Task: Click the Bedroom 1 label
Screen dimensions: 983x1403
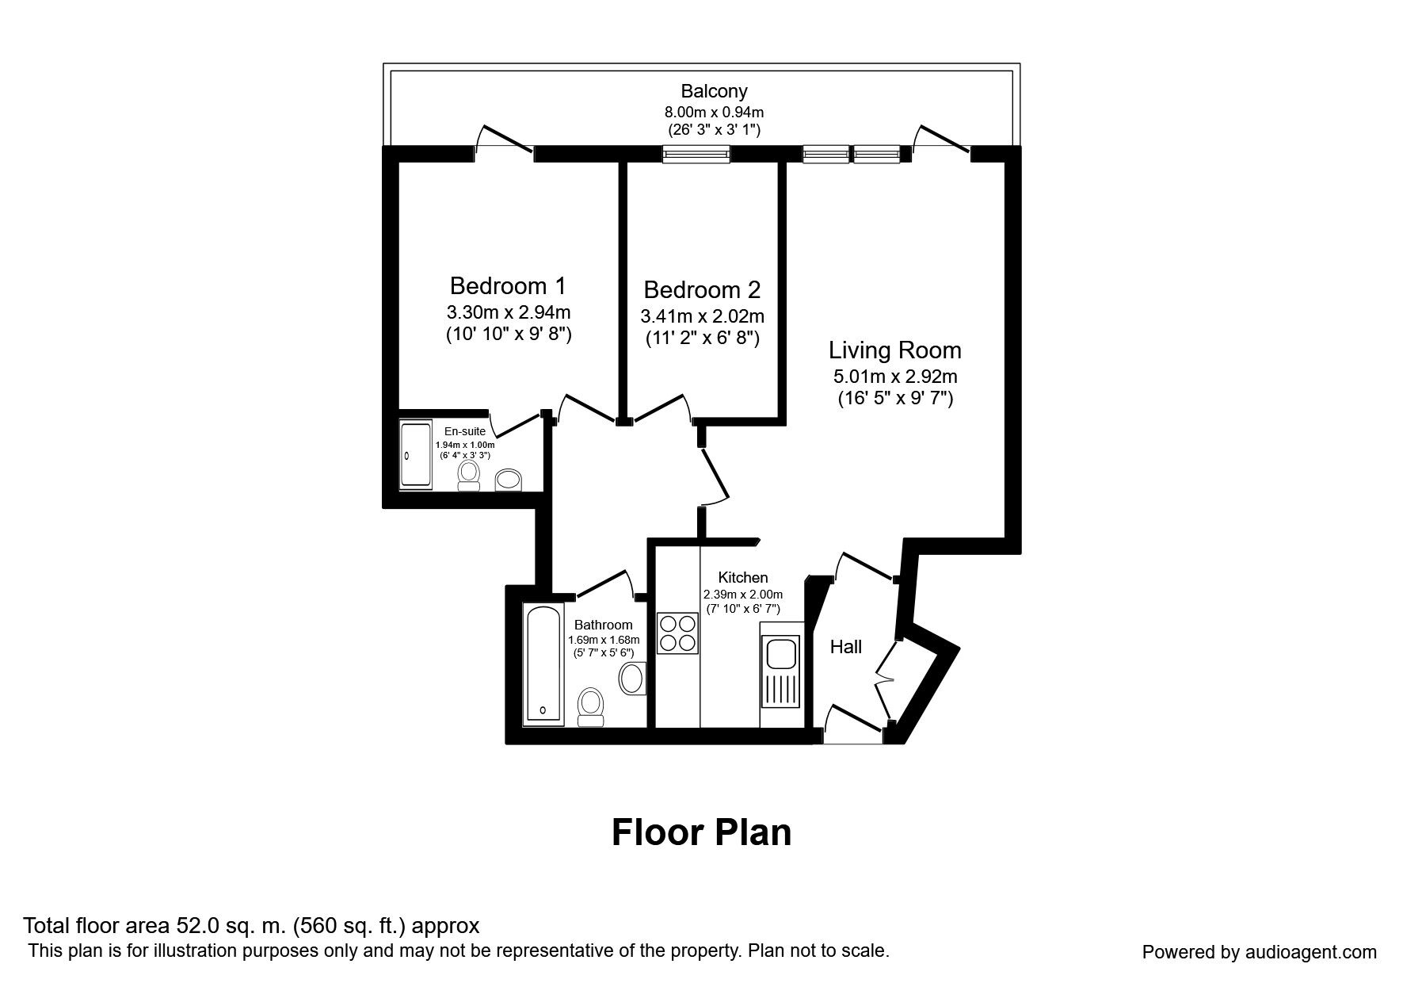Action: pos(508,285)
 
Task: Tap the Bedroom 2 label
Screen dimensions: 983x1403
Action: pos(702,289)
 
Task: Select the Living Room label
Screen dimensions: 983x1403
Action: pos(895,350)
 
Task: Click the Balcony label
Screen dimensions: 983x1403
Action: pos(714,91)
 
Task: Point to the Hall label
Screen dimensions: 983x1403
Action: pos(845,647)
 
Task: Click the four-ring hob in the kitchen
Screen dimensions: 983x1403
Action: pos(677,633)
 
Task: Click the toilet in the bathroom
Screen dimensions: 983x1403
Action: pos(590,706)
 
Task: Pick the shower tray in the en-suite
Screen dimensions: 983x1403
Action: pos(414,455)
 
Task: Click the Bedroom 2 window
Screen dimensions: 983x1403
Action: pos(696,155)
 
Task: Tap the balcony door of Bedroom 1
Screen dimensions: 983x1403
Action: pos(504,141)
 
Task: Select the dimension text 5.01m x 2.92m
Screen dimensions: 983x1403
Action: pos(895,377)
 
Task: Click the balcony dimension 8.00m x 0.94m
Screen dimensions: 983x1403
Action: pos(714,112)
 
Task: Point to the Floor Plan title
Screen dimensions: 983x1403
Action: pos(701,832)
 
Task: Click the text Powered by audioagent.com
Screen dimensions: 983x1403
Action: pos(1259,952)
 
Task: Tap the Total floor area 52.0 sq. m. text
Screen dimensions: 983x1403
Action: pos(251,925)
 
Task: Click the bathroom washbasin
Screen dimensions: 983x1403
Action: pos(631,679)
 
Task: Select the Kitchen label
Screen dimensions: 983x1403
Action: pos(742,577)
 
